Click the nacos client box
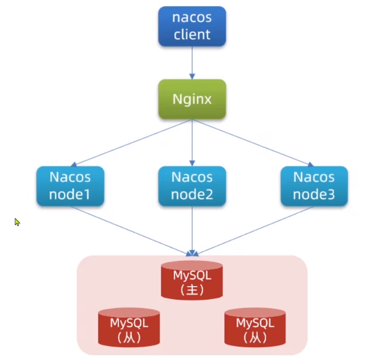point(192,26)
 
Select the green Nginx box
point(192,100)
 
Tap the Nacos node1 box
point(70,186)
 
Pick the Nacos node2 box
point(192,186)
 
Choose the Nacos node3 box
point(314,186)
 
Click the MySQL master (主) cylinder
point(192,280)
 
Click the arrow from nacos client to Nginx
point(192,62)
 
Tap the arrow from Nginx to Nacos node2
point(192,143)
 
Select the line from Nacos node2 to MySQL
point(192,230)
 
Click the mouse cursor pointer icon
point(17,222)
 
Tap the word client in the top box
point(192,34)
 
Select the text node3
point(314,195)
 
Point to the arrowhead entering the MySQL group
point(192,253)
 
